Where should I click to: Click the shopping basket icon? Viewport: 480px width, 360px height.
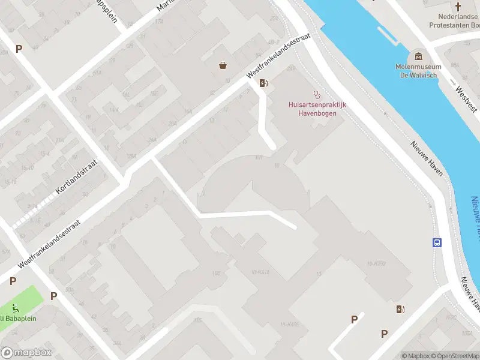(x=223, y=65)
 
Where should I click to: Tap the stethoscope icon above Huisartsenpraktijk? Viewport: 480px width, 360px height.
(x=317, y=94)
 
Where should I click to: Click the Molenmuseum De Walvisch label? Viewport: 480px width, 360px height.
(x=418, y=71)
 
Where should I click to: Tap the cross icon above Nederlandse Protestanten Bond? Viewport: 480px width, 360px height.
(x=458, y=7)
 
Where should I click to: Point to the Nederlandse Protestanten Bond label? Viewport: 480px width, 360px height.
(x=455, y=21)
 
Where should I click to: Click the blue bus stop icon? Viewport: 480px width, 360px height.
(x=437, y=243)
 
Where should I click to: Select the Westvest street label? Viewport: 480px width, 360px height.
(x=466, y=100)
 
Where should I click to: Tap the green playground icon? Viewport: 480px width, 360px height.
(x=15, y=308)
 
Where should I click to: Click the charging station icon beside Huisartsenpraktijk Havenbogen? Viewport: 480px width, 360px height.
(x=263, y=83)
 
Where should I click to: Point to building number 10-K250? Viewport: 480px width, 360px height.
(x=374, y=264)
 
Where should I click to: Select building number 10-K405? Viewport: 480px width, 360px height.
(x=290, y=325)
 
